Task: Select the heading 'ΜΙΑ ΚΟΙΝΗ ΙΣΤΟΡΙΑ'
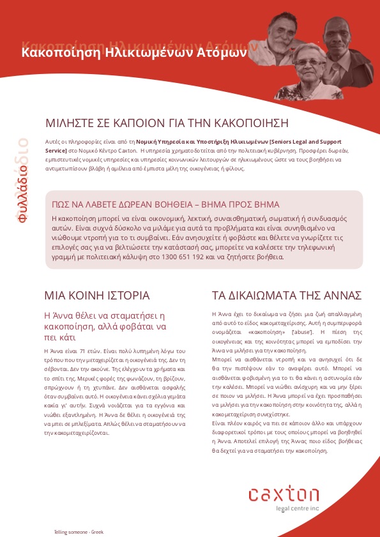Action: click(96, 296)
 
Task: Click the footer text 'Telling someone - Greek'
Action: click(79, 531)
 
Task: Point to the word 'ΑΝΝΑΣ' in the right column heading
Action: click(330, 296)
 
